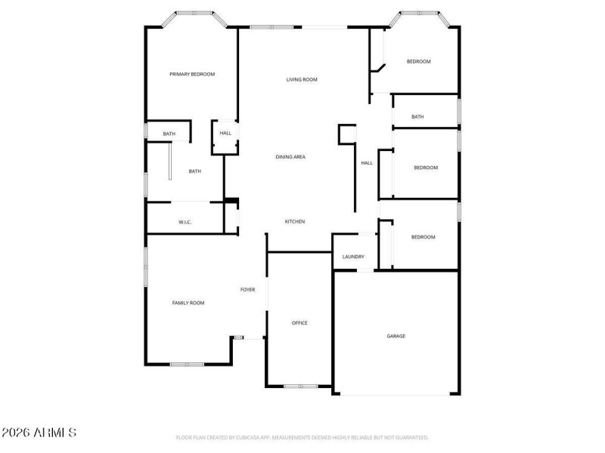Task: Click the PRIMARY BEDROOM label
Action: tap(192, 74)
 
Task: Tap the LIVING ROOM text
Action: tap(301, 79)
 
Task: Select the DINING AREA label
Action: tap(290, 156)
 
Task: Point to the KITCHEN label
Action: tap(294, 221)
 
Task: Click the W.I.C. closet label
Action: tap(185, 222)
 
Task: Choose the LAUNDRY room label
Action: tap(353, 257)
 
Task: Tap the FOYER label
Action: tap(248, 289)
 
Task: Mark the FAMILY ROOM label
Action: tap(188, 303)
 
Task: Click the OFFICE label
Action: tap(299, 323)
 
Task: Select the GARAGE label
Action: tap(396, 335)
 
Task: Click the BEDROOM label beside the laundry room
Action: tap(423, 237)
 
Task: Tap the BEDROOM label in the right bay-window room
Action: tap(418, 61)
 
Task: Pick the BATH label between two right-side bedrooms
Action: tap(417, 116)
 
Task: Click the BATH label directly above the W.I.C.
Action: tap(194, 171)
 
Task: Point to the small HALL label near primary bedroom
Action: tap(225, 134)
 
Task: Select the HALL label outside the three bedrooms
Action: tap(367, 162)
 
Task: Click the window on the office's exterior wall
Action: tap(300, 387)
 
